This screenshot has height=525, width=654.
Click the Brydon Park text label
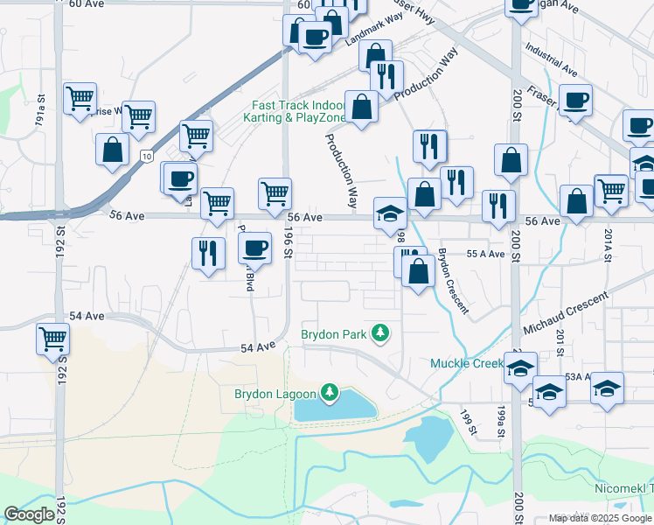point(333,334)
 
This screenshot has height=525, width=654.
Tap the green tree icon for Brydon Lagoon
point(330,393)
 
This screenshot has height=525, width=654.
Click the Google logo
point(29,514)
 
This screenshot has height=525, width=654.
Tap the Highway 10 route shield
point(145,155)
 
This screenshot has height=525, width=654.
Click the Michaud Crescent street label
point(566,314)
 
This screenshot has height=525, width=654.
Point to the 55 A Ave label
point(486,254)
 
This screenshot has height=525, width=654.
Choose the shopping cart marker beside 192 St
point(52,339)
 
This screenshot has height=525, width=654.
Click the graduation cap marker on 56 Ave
point(391,213)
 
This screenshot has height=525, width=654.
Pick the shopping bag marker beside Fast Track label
point(360,107)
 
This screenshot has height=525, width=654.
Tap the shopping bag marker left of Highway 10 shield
point(113,149)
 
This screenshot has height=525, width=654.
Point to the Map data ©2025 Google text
point(600,518)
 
